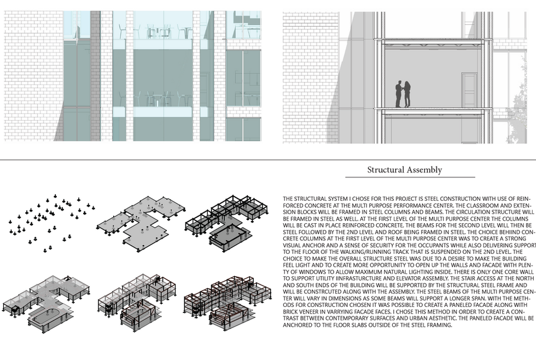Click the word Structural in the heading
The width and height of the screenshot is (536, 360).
coord(386,170)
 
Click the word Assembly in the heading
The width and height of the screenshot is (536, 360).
coord(424,170)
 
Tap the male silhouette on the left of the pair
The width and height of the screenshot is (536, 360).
coord(399,94)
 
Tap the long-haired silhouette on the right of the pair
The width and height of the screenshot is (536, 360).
coord(407,94)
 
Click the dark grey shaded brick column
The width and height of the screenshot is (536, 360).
coord(95,77)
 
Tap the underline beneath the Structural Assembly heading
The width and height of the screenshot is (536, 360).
coord(410,177)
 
